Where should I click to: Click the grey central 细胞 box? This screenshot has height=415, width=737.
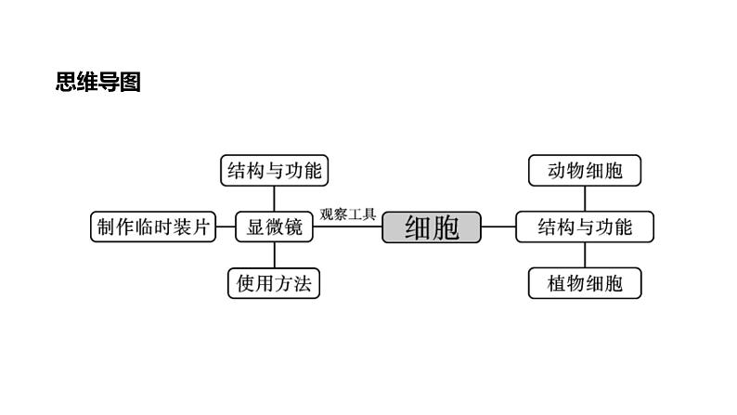(x=432, y=227)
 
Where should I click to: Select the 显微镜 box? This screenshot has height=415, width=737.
(x=274, y=227)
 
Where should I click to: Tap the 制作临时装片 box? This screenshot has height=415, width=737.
(x=152, y=227)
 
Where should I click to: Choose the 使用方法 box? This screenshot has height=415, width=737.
(x=274, y=283)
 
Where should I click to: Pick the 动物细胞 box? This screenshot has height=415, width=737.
(x=585, y=171)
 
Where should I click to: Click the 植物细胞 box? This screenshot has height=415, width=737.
(x=585, y=283)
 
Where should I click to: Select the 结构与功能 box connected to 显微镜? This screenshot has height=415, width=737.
(x=274, y=171)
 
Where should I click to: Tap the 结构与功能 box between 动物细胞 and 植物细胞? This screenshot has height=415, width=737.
(x=585, y=227)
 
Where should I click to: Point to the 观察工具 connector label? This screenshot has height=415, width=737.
(x=347, y=214)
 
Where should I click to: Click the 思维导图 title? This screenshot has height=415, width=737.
(x=97, y=83)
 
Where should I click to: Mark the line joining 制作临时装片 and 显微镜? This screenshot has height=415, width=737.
(x=225, y=227)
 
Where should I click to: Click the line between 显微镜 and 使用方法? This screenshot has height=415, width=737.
(x=274, y=255)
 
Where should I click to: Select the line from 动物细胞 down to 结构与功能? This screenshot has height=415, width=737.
(x=585, y=199)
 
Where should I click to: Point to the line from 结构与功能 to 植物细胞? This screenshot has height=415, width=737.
(x=585, y=255)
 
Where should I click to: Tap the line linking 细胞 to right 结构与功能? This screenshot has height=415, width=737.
(x=498, y=227)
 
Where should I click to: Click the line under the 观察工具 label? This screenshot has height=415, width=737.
(x=348, y=227)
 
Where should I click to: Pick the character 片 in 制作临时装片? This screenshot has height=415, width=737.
(x=201, y=227)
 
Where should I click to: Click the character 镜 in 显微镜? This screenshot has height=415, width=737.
(x=294, y=227)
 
